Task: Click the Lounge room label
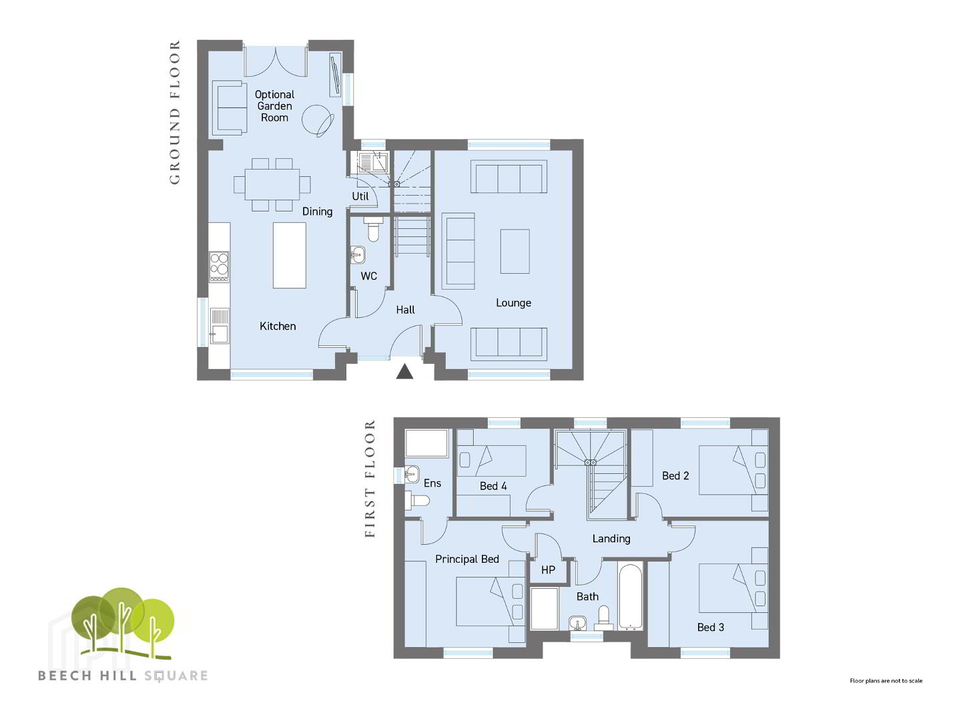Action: [x=513, y=302]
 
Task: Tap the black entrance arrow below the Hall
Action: [x=404, y=372]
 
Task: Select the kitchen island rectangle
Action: [x=290, y=255]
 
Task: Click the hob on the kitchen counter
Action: [x=219, y=266]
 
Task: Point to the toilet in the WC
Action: [x=373, y=230]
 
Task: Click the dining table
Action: [x=272, y=184]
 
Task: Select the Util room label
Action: [x=360, y=196]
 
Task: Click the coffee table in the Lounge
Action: [x=515, y=251]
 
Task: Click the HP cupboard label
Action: [x=548, y=569]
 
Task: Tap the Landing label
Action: [x=611, y=539]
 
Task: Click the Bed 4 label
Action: [x=493, y=486]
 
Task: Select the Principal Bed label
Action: [x=467, y=559]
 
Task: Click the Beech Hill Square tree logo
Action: [x=123, y=624]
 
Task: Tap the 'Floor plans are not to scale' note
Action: [x=886, y=681]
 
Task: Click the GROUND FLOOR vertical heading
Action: [x=175, y=113]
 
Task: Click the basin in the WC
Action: [x=358, y=254]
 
